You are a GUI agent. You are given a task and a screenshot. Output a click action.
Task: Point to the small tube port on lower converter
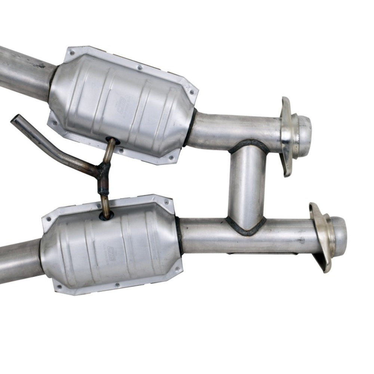click(106, 216)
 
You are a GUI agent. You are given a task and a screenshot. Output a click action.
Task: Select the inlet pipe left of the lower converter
click(19, 258)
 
